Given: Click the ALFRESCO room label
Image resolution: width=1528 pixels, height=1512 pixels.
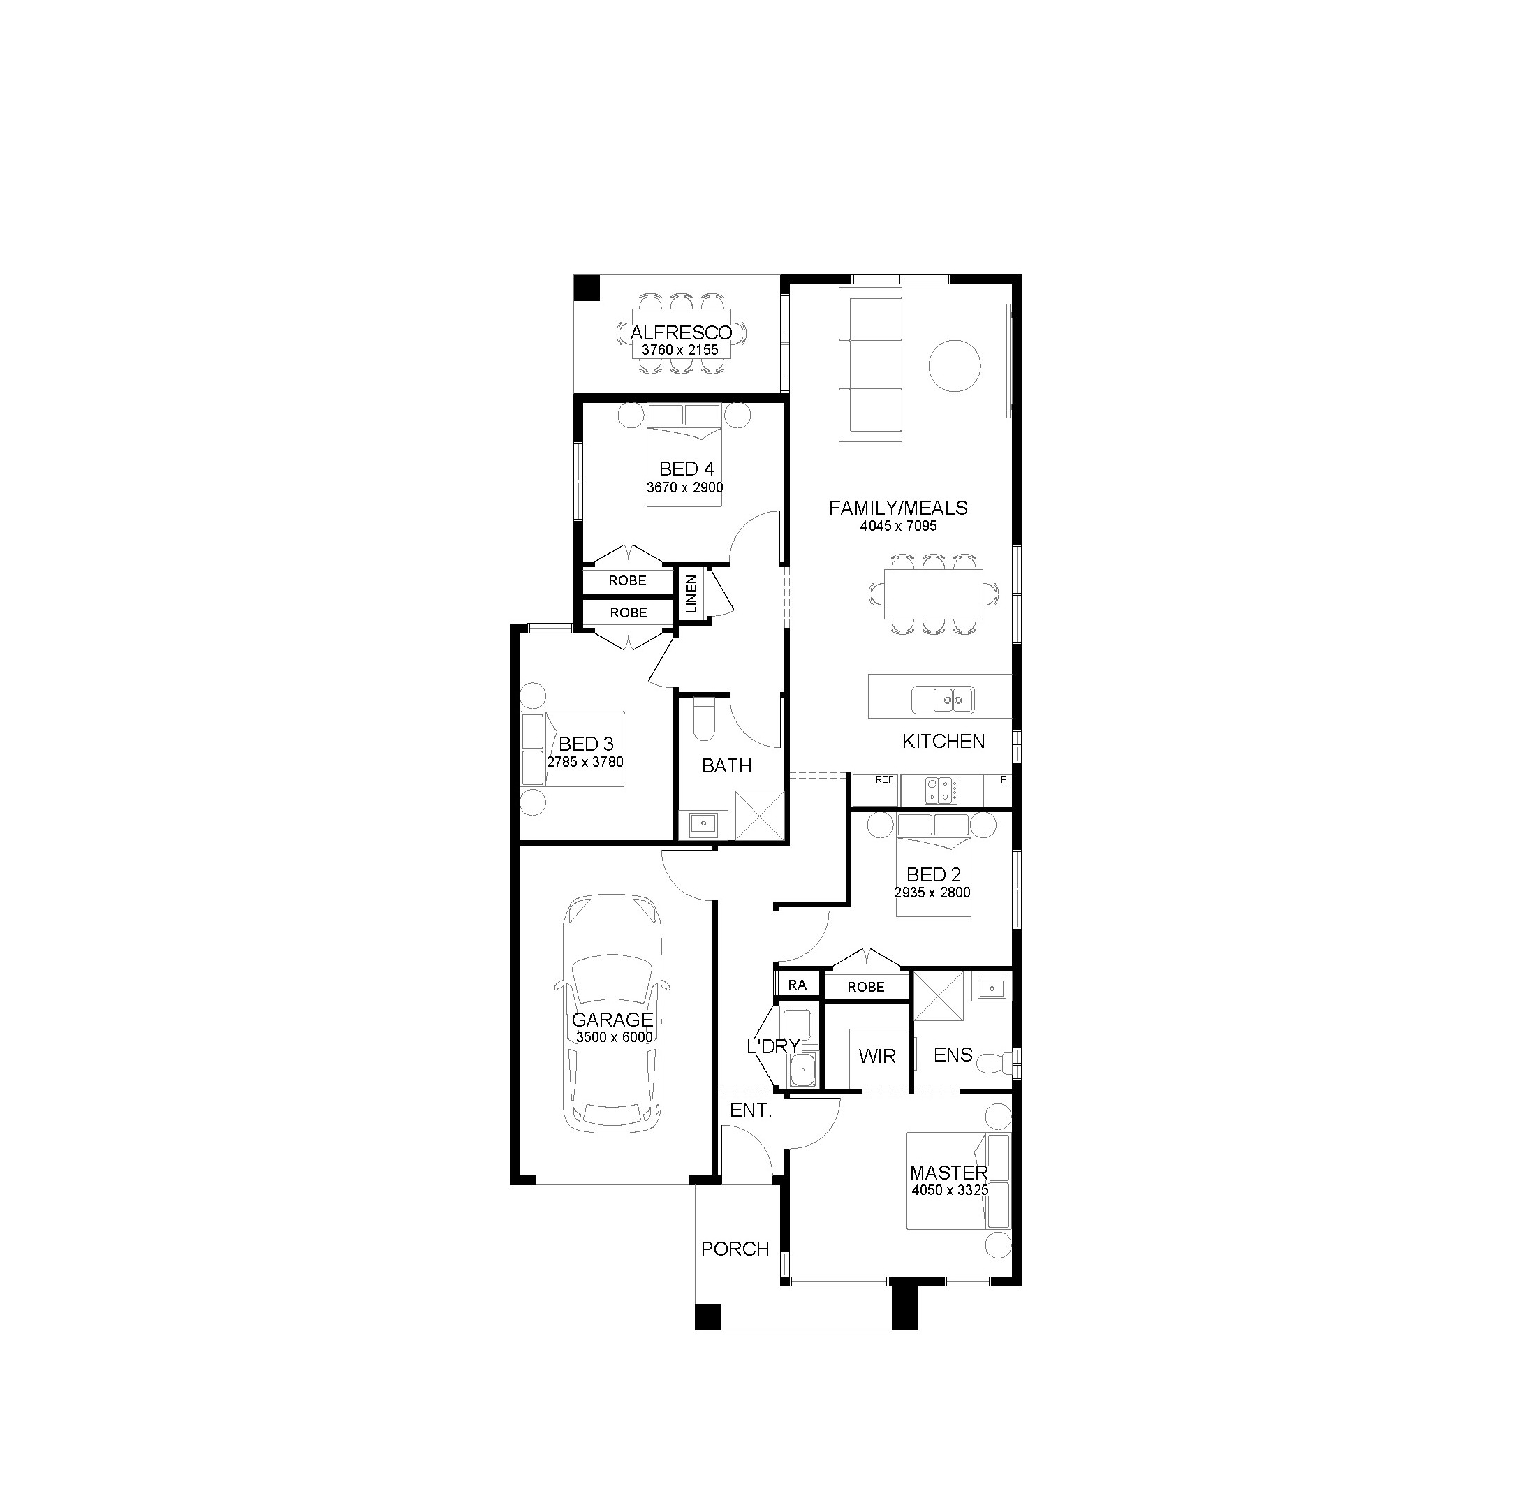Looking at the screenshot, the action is click(x=681, y=333).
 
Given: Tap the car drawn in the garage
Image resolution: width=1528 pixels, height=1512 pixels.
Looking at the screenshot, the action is click(x=612, y=1015).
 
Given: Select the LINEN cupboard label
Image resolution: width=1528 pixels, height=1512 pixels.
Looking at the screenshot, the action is click(x=692, y=594).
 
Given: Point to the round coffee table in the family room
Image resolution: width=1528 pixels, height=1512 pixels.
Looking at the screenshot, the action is click(x=954, y=365).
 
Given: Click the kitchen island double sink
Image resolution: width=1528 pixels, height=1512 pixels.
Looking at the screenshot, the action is click(x=943, y=700).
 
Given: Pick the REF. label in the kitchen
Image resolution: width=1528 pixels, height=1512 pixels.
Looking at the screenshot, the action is click(x=885, y=779).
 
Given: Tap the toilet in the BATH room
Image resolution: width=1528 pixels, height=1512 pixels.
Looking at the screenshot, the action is click(x=703, y=718).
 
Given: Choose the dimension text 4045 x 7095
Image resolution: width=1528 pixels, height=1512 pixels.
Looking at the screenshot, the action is click(x=899, y=526).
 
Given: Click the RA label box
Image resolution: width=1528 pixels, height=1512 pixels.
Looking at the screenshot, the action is click(x=798, y=985).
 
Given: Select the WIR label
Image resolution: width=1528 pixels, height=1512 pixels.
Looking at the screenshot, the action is click(x=877, y=1056).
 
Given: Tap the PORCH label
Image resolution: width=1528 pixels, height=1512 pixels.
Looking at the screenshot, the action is click(x=735, y=1249).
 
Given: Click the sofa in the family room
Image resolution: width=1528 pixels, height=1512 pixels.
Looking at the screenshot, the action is click(x=870, y=365).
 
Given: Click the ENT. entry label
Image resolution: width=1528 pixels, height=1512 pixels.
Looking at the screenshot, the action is click(x=751, y=1110).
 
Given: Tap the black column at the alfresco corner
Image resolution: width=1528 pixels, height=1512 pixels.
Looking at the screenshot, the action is click(x=587, y=287).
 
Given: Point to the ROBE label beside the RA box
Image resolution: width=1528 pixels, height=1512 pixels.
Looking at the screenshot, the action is click(x=866, y=987).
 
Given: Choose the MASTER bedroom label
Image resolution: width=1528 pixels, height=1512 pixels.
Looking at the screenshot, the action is click(x=948, y=1173).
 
